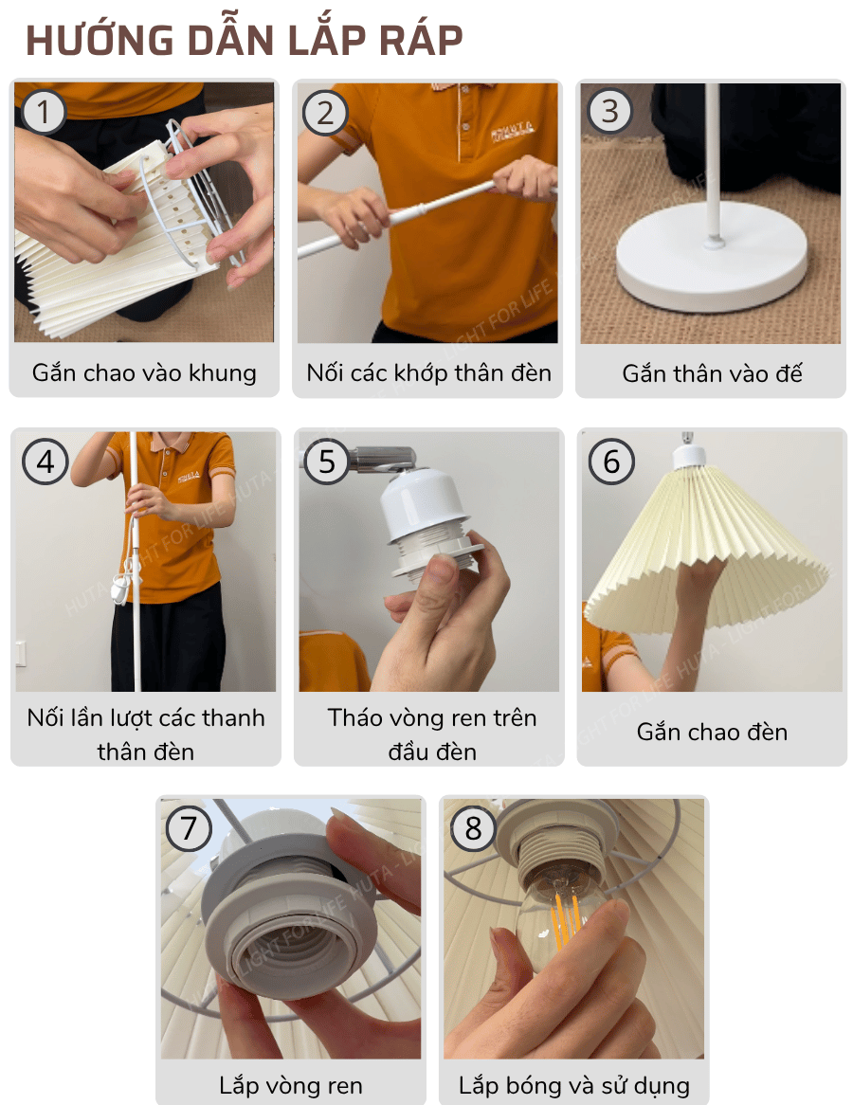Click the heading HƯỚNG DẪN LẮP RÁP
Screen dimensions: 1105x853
coord(244,40)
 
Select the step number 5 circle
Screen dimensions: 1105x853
coord(327,462)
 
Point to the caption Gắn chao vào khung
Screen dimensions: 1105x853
coord(144,372)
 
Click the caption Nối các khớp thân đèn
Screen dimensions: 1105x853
coord(428,372)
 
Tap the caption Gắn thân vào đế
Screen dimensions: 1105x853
coord(712,373)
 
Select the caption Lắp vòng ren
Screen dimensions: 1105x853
coord(290,1085)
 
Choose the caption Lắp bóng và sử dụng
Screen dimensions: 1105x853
coord(573,1085)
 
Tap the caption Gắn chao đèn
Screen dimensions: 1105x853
coord(712,732)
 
